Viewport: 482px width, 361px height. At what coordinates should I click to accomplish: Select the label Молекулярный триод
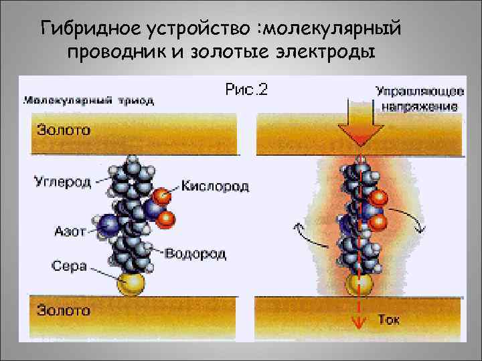click(x=89, y=101)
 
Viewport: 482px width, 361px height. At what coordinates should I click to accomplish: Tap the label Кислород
click(x=215, y=186)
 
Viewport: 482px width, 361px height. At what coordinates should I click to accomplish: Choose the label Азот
click(x=70, y=231)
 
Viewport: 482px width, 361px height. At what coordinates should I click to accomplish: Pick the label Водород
click(x=195, y=253)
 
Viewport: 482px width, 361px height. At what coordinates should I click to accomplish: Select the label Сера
click(x=69, y=265)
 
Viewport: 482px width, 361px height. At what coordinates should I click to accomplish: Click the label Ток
click(x=389, y=320)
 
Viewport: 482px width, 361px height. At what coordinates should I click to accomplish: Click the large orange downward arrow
click(x=359, y=127)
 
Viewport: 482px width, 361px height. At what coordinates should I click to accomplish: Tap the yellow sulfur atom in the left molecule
click(x=131, y=284)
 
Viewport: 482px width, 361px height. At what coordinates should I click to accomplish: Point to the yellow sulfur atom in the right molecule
click(x=359, y=285)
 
